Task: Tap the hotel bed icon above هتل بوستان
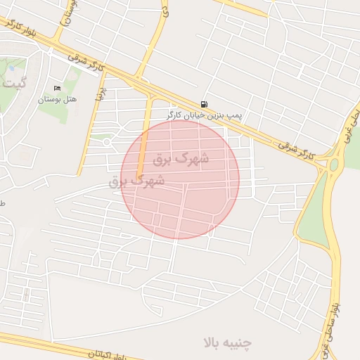57,89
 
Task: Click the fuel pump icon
204,103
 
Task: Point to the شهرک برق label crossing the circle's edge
137,181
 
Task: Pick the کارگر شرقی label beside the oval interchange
296,148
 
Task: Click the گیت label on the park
14,83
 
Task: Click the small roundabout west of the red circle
107,142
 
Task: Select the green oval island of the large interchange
333,166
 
